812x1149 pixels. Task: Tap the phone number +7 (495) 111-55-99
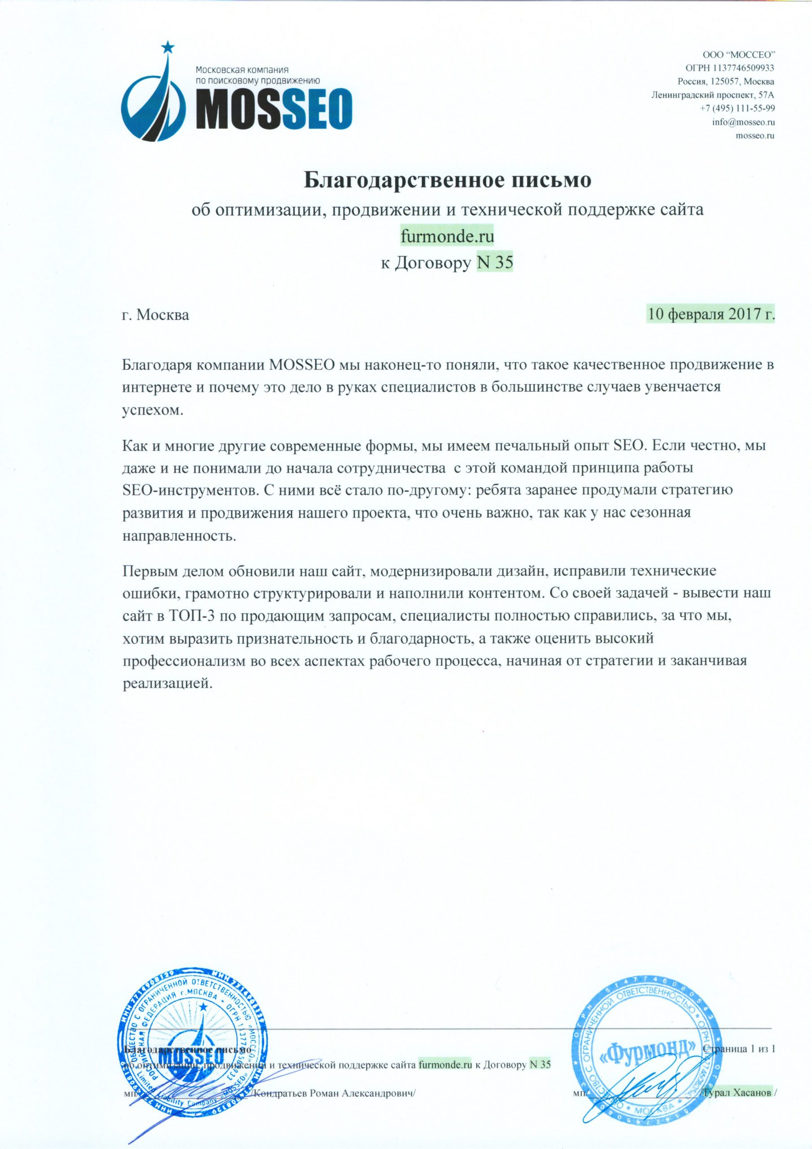point(738,108)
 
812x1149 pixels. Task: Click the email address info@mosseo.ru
point(743,122)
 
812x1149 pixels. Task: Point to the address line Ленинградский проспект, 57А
point(713,95)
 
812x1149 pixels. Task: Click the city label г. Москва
point(156,316)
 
